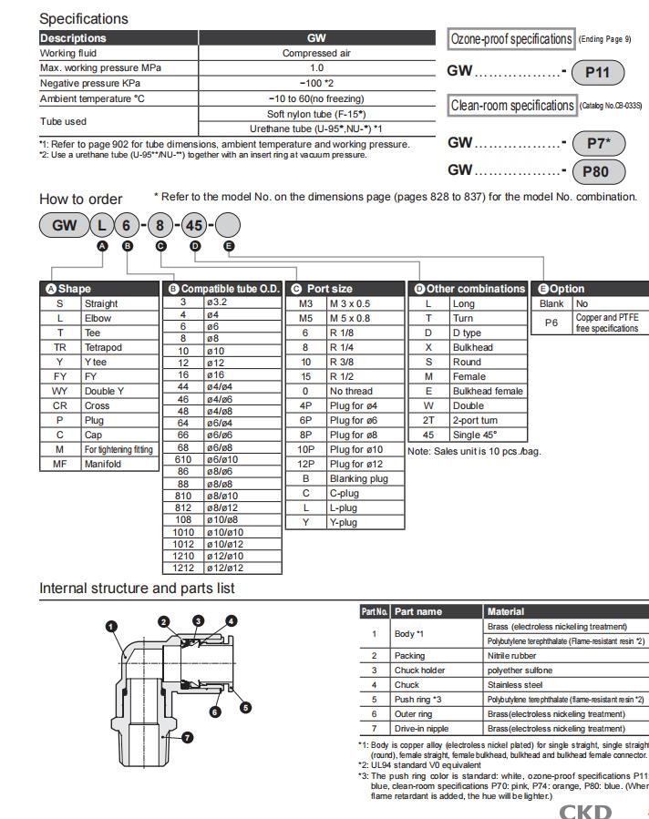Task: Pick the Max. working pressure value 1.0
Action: [316, 67]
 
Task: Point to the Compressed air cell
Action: [316, 53]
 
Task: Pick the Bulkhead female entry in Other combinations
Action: [488, 391]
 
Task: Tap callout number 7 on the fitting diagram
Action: [188, 737]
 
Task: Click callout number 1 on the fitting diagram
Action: [111, 627]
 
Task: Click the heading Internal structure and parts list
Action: [137, 588]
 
